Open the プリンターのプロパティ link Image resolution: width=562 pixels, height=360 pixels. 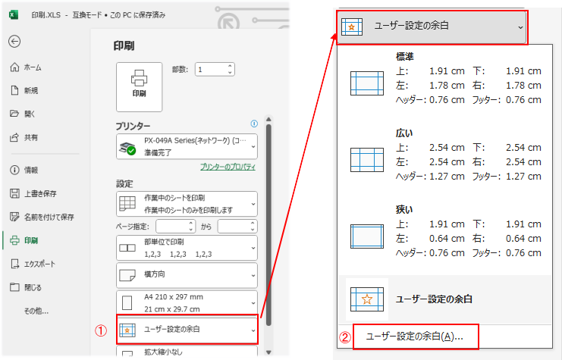pyautogui.click(x=228, y=167)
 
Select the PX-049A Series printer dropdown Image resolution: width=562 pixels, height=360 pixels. pyautogui.click(x=187, y=146)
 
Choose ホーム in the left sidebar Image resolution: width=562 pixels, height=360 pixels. pyautogui.click(x=32, y=67)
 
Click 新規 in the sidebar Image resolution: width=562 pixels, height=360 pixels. pyautogui.click(x=32, y=90)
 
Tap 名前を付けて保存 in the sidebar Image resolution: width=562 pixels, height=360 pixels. pyautogui.click(x=49, y=217)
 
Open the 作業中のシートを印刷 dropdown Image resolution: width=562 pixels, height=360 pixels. pyautogui.click(x=187, y=203)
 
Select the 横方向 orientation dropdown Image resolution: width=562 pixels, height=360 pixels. pyautogui.click(x=187, y=273)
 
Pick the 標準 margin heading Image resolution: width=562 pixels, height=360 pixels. pyautogui.click(x=405, y=56)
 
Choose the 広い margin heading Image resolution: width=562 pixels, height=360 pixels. pyautogui.click(x=405, y=133)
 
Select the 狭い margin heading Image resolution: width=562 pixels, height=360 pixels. pyautogui.click(x=405, y=208)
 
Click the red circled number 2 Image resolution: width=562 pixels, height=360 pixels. pyautogui.click(x=345, y=337)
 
